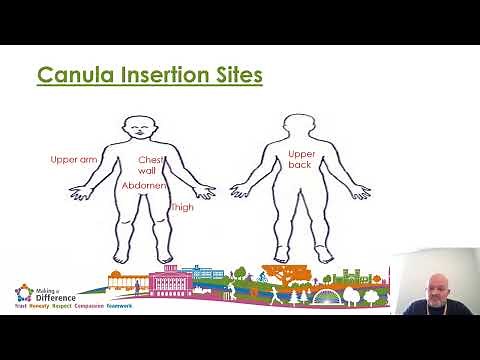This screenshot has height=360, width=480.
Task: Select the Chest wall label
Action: click(x=149, y=165)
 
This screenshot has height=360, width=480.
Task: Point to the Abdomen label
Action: click(x=143, y=186)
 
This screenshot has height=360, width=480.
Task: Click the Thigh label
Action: click(x=182, y=207)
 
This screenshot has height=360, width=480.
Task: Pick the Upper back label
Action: click(x=301, y=159)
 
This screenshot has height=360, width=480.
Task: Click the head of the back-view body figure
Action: click(x=299, y=125)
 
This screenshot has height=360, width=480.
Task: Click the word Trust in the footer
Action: click(x=20, y=309)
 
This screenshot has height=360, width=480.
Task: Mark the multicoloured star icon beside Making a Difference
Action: click(x=22, y=293)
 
